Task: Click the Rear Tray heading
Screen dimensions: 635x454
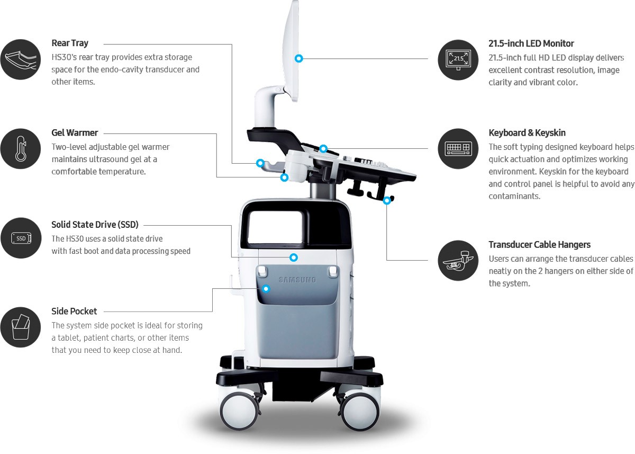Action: pos(70,43)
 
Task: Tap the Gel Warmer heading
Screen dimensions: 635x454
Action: pos(75,133)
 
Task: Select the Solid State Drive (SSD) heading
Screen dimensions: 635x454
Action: pos(95,225)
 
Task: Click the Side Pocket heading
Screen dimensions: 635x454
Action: pos(74,311)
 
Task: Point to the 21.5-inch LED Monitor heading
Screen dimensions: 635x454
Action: pos(531,43)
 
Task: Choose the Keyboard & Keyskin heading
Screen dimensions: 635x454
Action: pos(527,133)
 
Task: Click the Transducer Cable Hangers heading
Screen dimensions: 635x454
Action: pos(539,245)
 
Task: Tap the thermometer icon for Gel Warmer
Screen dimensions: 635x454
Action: pos(21,148)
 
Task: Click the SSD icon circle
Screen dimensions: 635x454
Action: pos(21,238)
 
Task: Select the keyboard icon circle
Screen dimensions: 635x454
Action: pos(458,149)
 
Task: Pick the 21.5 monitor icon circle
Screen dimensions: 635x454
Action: pos(458,59)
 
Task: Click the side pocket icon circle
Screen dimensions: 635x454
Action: pos(21,327)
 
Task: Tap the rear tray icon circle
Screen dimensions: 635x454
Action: pos(21,59)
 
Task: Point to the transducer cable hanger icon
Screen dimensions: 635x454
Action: pos(458,260)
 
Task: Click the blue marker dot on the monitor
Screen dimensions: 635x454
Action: pos(299,58)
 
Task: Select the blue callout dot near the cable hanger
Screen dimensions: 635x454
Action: pos(387,200)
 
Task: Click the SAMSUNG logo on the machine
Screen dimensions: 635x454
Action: pos(297,279)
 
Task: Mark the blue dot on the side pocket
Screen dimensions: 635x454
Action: pos(266,289)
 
